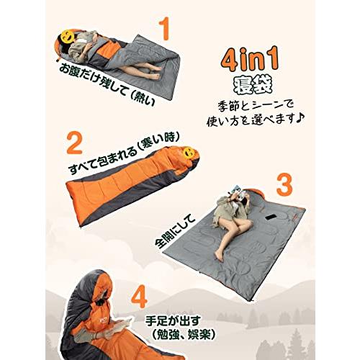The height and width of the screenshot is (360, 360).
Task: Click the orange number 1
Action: click(x=166, y=31)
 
